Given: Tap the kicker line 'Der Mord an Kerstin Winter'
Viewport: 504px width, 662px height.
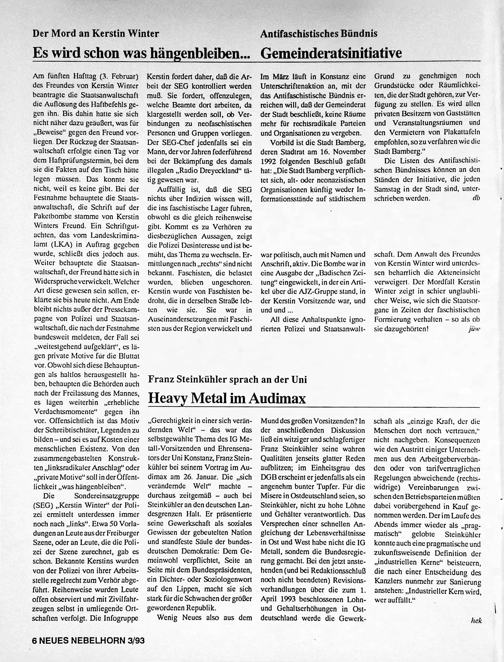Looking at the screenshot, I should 96,33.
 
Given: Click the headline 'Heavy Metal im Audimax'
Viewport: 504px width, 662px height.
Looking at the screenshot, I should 227,398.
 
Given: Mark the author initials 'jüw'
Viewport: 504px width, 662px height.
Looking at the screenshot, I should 474,329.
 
